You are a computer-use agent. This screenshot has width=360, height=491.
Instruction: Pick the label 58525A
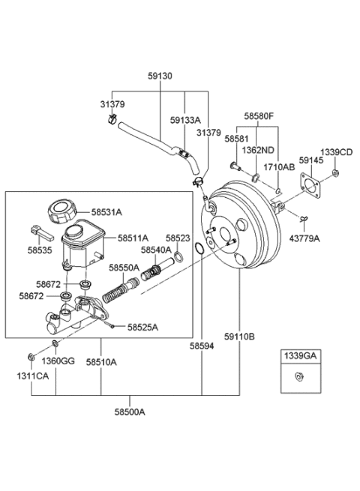(142, 327)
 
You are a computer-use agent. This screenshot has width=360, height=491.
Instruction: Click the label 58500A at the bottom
(130, 412)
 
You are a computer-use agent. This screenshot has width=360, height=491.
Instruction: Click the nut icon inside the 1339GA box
(299, 375)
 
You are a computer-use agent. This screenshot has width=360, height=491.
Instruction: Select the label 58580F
(259, 116)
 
